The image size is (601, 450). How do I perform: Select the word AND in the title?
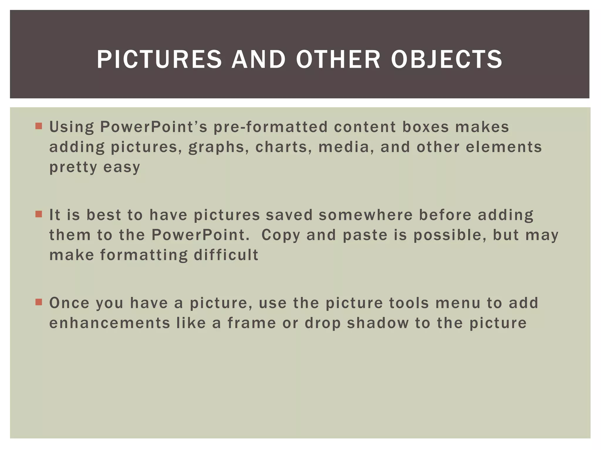point(259,59)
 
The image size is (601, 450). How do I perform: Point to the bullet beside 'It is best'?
point(38,214)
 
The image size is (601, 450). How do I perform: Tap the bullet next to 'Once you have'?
point(38,302)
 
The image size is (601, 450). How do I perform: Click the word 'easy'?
point(122,168)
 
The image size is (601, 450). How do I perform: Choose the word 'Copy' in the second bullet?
point(281,235)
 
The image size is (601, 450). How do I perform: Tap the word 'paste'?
point(365,235)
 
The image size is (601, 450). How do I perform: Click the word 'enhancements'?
point(110,323)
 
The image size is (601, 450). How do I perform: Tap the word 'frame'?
point(252,323)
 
